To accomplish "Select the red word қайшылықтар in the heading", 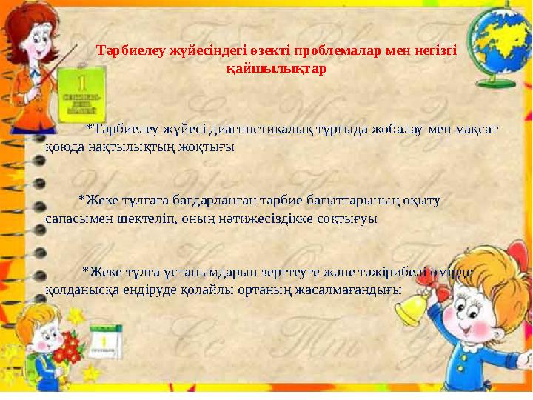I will click(274, 67).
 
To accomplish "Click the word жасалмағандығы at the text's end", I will click(349, 289).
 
